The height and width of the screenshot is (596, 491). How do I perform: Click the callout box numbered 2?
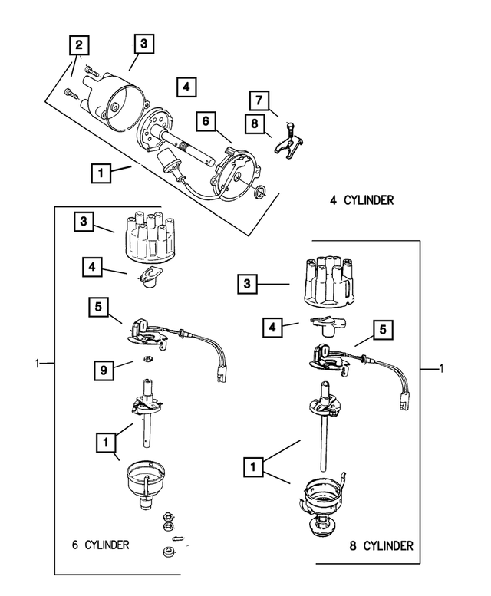click(x=78, y=44)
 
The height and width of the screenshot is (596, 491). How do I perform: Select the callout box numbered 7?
click(x=259, y=100)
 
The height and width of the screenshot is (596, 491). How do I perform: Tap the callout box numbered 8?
click(x=253, y=122)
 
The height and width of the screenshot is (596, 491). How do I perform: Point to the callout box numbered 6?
click(x=206, y=120)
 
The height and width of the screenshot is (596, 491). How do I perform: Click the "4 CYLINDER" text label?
click(x=361, y=201)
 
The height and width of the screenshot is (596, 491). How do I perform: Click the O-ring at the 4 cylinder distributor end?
click(x=260, y=190)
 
